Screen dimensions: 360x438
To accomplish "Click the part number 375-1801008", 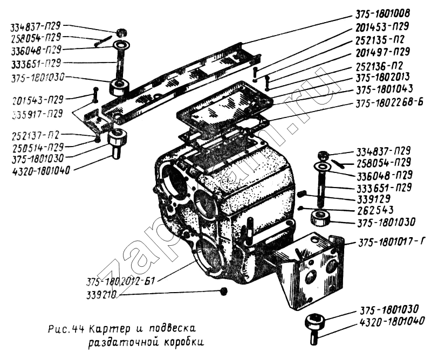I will pos(382,14).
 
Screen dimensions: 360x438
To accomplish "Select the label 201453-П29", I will pos(382,26).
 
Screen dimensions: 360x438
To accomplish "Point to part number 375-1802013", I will pos(382,78).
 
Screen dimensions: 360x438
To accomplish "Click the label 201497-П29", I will pos(382,52).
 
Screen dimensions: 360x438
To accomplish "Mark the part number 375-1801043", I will pos(382,91).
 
